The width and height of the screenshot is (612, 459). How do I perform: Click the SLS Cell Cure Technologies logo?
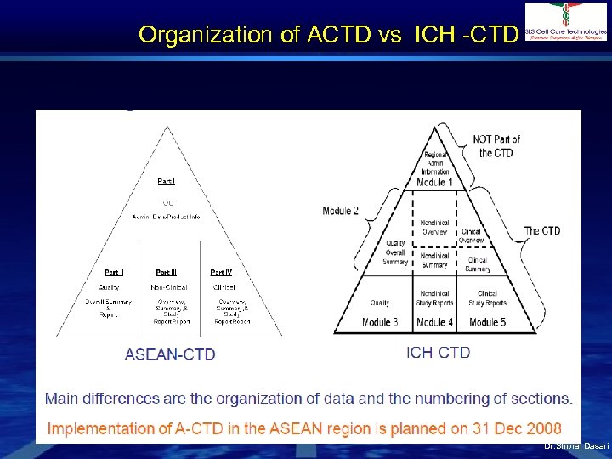[566, 21]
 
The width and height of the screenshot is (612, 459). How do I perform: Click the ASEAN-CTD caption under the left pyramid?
[170, 354]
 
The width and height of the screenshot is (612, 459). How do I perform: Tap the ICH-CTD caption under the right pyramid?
[439, 352]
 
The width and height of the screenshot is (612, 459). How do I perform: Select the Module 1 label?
[434, 182]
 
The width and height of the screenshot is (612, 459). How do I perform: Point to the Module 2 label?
[341, 211]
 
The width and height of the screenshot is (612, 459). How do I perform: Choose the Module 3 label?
[380, 322]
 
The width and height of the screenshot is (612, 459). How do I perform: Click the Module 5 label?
[488, 322]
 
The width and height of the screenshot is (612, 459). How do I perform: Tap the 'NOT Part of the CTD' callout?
[497, 145]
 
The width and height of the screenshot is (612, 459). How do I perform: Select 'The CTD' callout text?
[541, 230]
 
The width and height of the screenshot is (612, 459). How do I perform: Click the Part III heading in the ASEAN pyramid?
[166, 272]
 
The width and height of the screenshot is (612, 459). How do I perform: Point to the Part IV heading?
[221, 272]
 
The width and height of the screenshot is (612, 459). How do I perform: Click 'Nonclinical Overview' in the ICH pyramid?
[434, 227]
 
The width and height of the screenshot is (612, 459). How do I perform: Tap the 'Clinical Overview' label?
[472, 235]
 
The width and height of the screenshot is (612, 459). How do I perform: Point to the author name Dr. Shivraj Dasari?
[576, 446]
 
